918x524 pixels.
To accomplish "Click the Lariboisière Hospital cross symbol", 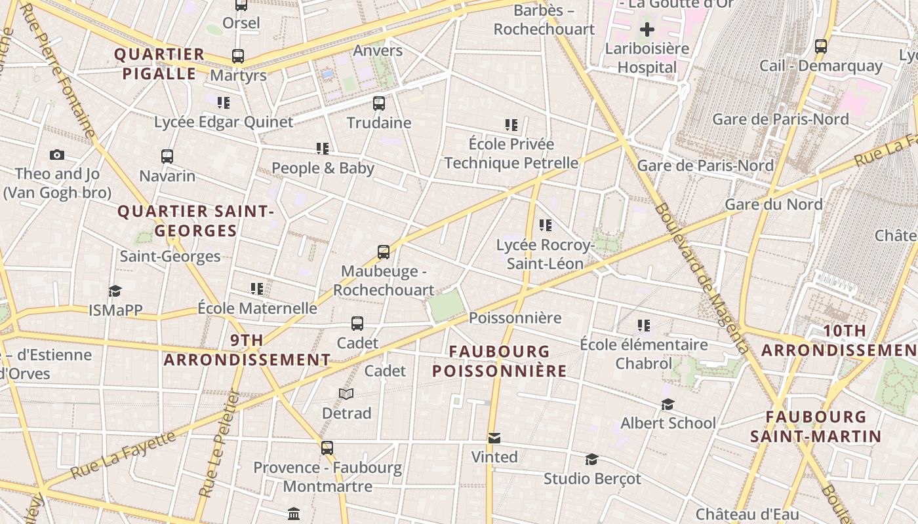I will click(647, 29).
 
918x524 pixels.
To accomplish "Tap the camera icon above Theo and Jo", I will click(57, 155).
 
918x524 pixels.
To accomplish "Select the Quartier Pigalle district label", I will click(159, 64).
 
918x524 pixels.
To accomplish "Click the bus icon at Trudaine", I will click(379, 103).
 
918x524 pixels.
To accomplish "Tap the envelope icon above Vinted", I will click(494, 438).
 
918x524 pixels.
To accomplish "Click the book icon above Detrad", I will click(346, 394).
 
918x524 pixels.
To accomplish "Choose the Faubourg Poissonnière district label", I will click(499, 361).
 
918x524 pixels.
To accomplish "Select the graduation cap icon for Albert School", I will click(668, 404).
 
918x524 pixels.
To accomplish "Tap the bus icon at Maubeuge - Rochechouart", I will click(384, 252).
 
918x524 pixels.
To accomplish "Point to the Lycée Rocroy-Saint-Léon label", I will click(545, 254).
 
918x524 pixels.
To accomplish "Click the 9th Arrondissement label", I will click(247, 350).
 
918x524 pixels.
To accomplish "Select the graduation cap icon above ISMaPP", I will click(115, 291).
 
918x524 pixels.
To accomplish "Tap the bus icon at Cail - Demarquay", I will click(821, 46).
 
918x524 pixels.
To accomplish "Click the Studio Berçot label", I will click(592, 479).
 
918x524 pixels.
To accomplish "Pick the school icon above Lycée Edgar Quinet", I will click(224, 103).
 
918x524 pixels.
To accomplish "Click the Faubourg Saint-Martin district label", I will click(816, 426).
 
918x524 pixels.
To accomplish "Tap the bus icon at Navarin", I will click(167, 157).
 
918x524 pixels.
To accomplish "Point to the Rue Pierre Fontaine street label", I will click(59, 72).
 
